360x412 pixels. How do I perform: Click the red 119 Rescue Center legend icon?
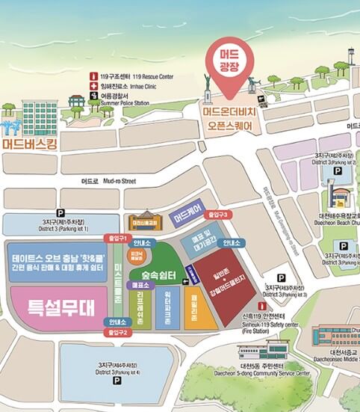[x=93, y=76]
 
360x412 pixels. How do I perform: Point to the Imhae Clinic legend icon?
[x=93, y=85]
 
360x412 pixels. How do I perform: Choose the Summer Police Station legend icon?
[x=93, y=95]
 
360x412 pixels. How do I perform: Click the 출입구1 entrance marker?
[x=115, y=237]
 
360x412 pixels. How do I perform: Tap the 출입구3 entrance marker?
[x=216, y=214]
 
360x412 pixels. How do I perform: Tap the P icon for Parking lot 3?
[x=281, y=277]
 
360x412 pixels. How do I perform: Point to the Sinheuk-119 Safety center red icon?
[x=262, y=307]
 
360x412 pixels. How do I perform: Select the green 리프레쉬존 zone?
[x=140, y=307]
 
